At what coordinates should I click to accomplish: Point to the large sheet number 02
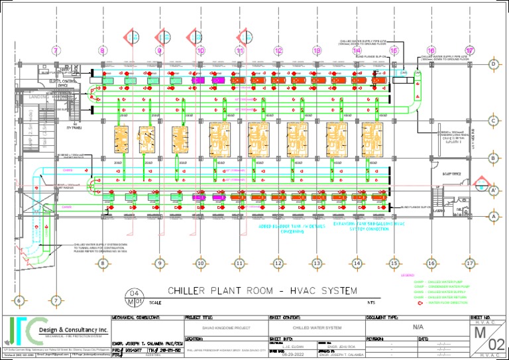click(495, 343)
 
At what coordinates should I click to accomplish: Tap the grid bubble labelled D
click(493, 64)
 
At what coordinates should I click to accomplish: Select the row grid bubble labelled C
click(493, 121)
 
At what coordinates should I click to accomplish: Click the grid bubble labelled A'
click(493, 191)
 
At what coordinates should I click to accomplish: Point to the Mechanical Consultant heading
click(137, 318)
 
